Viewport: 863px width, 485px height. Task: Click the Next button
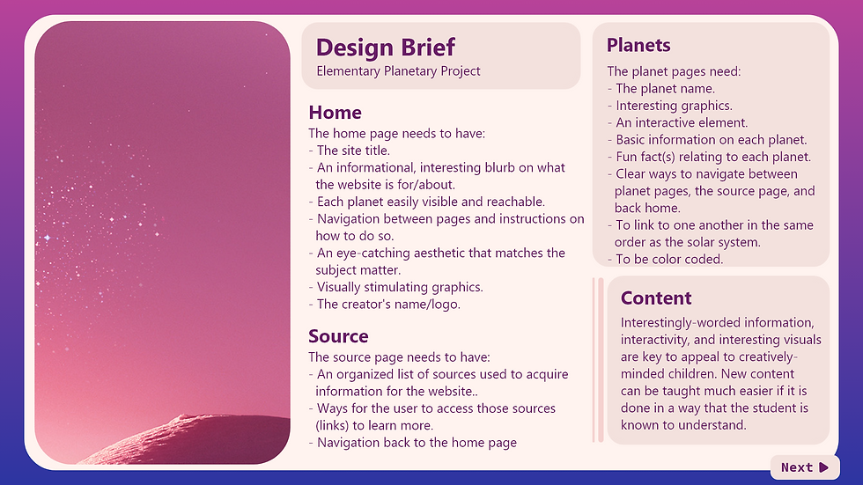[805, 467]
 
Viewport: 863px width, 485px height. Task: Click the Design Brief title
[386, 47]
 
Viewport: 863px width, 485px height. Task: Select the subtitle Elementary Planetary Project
[398, 71]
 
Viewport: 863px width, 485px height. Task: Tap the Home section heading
[335, 113]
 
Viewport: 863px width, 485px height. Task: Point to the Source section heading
[338, 336]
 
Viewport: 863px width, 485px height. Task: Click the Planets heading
[638, 45]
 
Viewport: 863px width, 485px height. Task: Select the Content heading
[656, 298]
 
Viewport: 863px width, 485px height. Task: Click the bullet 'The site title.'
[352, 151]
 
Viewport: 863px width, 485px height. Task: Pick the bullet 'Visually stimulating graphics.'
[399, 287]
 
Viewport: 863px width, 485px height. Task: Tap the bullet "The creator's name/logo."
[387, 304]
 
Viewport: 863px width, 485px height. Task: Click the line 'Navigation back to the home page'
[416, 443]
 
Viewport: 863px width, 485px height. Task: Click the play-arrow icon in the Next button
[823, 467]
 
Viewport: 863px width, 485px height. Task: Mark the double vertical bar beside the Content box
[600, 359]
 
